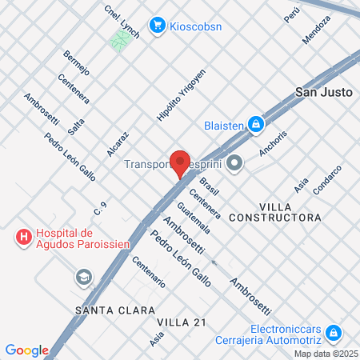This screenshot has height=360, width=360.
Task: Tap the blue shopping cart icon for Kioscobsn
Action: point(158,25)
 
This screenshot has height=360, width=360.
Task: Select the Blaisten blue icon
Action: point(255,124)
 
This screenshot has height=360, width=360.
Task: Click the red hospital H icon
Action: point(23,238)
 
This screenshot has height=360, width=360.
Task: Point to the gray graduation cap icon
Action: point(82,277)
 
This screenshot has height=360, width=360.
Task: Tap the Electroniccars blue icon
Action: point(333,333)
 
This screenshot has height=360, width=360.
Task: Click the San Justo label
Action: point(324,92)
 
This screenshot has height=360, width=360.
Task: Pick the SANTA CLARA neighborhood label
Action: point(107,309)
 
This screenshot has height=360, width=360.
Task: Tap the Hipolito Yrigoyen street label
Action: point(181,101)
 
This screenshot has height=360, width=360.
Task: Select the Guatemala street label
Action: point(195,217)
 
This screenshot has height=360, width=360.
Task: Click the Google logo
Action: point(26,350)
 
